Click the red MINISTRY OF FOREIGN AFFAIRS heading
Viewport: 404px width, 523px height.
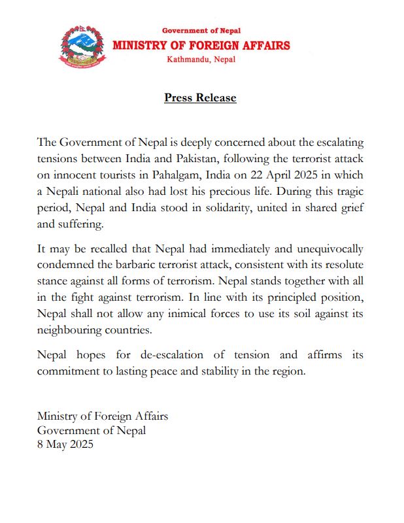coord(201,45)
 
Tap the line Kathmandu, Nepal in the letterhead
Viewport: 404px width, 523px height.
coord(201,59)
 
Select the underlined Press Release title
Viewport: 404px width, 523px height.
coord(200,98)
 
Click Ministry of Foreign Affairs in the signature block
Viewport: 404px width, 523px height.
coord(103,416)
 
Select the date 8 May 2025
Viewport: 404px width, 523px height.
coord(65,445)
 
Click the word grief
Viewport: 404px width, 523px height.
coord(350,207)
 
